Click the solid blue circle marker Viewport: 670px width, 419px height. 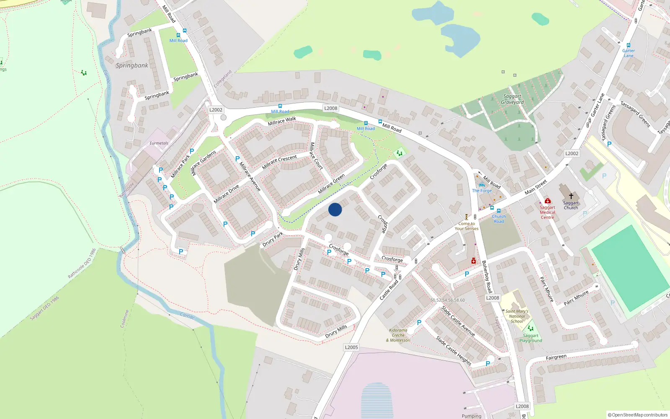(335, 209)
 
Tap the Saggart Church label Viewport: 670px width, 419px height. (571, 205)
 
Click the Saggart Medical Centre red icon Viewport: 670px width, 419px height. (547, 201)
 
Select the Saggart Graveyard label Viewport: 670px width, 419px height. (512, 99)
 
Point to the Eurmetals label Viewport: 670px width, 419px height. (159, 143)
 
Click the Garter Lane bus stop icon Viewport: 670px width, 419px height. (629, 45)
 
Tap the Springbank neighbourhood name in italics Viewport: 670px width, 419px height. (132, 65)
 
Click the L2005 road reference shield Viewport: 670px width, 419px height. (351, 347)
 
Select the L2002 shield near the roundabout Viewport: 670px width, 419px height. (216, 110)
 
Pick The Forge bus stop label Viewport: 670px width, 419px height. (482, 191)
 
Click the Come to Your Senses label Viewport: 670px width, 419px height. (466, 226)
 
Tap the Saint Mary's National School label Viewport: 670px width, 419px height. (517, 316)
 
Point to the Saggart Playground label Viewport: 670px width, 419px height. (531, 338)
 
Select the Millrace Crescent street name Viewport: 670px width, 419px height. (279, 162)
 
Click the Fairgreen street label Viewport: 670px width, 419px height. (556, 357)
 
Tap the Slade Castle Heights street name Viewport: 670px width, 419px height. (454, 351)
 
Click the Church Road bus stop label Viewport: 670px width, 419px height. (499, 219)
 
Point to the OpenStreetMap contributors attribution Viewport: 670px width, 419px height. (638, 415)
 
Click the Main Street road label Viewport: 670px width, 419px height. (536, 187)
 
